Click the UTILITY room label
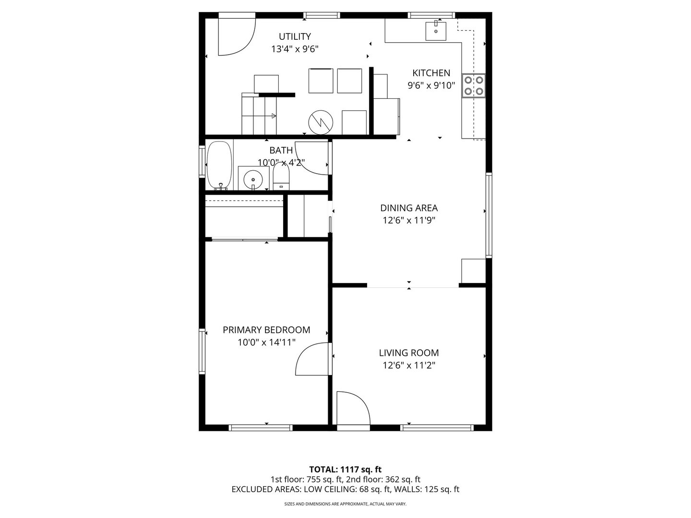[295, 36]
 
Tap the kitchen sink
[436, 31]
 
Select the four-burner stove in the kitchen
[474, 85]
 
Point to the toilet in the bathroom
[281, 177]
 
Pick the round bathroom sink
[253, 179]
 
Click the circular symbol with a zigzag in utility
[321, 122]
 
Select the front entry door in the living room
[353, 408]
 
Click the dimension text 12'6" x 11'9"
[409, 220]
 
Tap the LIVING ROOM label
[409, 353]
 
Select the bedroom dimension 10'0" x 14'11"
[266, 342]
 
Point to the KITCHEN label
[431, 73]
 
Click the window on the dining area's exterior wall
[488, 215]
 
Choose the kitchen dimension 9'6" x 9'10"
[431, 85]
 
